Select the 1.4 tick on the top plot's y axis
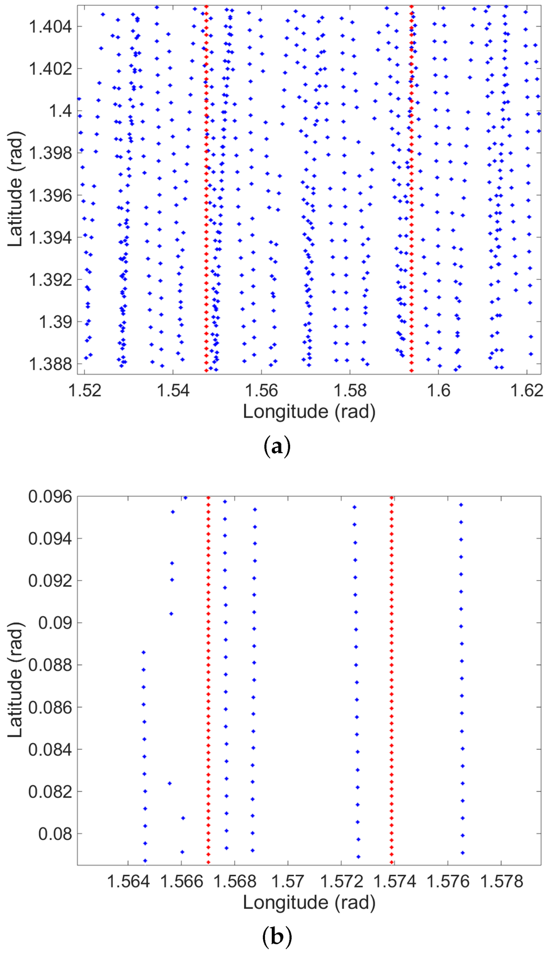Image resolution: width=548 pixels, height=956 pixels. [60, 111]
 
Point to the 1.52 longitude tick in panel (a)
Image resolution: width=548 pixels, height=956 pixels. [85, 390]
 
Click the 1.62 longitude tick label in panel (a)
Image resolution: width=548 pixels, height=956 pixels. [528, 390]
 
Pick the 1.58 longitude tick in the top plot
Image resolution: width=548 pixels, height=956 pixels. [350, 390]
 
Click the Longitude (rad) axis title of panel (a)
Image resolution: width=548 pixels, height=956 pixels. [309, 411]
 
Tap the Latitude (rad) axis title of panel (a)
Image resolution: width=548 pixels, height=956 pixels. [16, 189]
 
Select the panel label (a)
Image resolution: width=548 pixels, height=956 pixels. [277, 446]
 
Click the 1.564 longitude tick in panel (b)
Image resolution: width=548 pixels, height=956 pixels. [128, 881]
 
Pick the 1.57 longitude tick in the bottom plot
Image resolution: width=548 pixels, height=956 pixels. [288, 881]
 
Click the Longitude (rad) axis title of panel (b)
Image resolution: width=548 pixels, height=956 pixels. [309, 903]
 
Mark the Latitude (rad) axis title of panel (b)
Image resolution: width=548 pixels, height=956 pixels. [16, 679]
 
